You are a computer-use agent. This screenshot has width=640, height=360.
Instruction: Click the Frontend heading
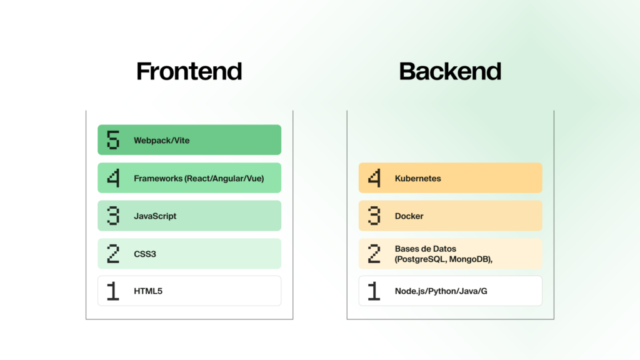[x=189, y=71]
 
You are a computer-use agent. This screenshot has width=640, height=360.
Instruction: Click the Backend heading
[x=450, y=71]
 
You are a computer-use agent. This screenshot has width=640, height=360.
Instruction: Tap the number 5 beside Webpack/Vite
[x=113, y=140]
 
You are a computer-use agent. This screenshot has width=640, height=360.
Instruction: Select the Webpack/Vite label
[x=162, y=141]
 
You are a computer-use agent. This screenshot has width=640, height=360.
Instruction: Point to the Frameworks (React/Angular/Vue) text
[x=199, y=178]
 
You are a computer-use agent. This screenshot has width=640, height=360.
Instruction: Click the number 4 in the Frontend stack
[x=113, y=178]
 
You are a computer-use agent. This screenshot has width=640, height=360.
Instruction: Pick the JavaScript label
[x=155, y=216]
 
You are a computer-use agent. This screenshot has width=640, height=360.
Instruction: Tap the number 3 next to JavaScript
[x=113, y=216]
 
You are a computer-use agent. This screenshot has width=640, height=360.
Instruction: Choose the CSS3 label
[x=145, y=254]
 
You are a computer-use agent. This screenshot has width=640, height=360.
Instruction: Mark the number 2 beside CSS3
[x=113, y=254]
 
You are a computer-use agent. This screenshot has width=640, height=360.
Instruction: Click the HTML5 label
[x=148, y=291]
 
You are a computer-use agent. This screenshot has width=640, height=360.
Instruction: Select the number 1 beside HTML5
[x=113, y=291]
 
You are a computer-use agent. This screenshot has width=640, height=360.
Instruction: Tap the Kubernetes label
[x=418, y=178]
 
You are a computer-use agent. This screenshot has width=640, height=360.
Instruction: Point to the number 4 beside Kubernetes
[x=374, y=178]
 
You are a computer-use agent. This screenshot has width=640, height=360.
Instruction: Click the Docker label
[x=409, y=216]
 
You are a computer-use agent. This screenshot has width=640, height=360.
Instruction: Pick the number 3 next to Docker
[x=374, y=216]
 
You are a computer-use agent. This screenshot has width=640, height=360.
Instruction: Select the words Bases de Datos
[x=425, y=249]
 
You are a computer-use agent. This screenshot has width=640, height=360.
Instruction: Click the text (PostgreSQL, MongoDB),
[x=444, y=259]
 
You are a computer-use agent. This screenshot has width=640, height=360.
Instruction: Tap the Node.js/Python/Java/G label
[x=441, y=291]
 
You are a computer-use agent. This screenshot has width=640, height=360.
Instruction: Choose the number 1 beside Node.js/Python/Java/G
[x=374, y=291]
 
